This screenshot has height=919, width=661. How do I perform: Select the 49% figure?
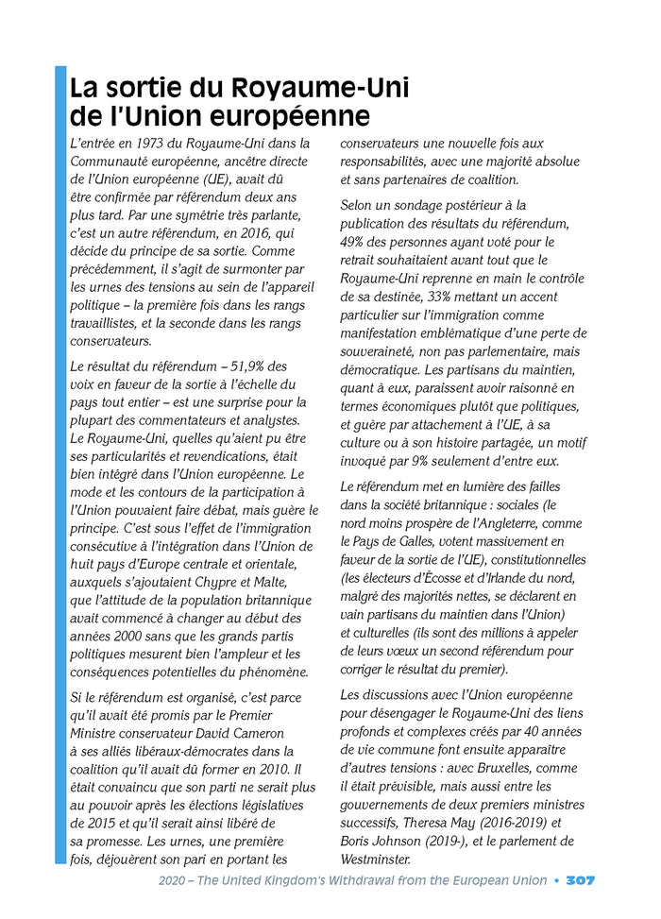(x=353, y=242)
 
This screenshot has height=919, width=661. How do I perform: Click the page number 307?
(x=580, y=880)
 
